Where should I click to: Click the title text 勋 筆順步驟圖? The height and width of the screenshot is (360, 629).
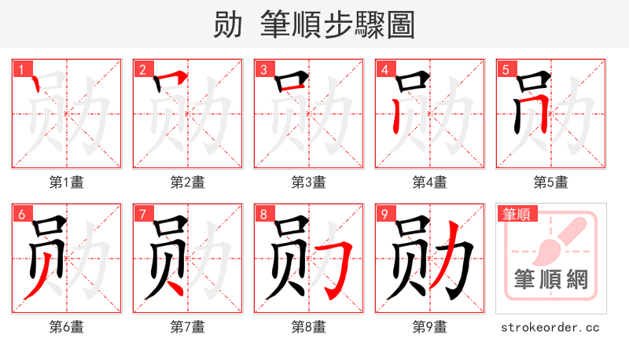coord(314,24)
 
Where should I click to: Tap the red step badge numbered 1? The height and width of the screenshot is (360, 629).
coord(21,70)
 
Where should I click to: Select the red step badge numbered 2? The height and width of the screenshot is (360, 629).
coord(142,70)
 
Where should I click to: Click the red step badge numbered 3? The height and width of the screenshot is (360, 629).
coord(263,70)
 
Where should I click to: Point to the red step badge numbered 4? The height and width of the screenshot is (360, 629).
coord(384,70)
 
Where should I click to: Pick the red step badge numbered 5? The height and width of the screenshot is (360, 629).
coord(506,70)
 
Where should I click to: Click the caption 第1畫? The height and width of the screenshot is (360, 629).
coord(67,182)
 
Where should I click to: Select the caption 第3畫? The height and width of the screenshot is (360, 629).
coord(309,182)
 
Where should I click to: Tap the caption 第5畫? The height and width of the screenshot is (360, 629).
coord(551,182)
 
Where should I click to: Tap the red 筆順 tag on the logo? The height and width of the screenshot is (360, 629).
coord(517,214)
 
